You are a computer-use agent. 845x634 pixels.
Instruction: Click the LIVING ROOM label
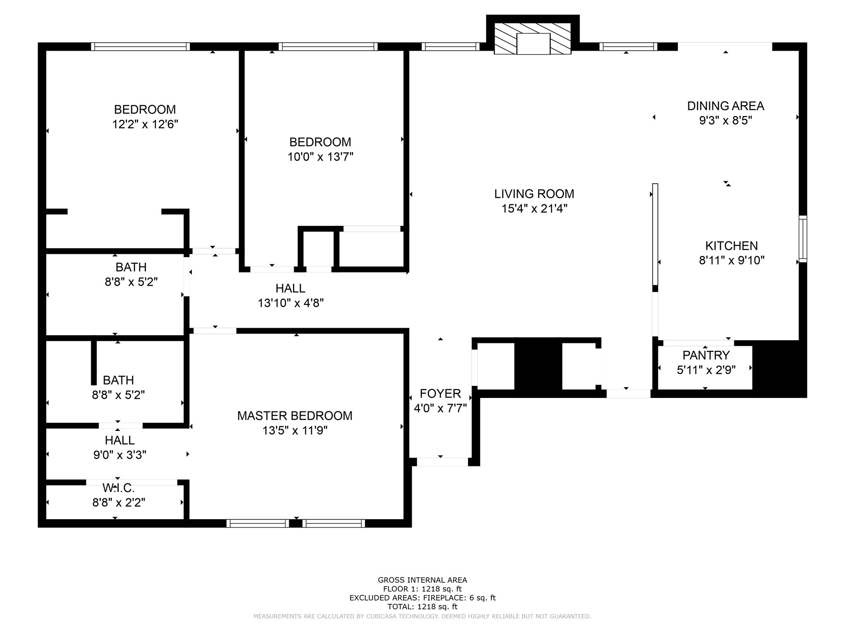534,194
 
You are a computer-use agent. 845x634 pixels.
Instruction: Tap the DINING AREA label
725,106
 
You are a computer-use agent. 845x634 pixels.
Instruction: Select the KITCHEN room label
732,246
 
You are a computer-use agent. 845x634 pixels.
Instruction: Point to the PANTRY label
706,355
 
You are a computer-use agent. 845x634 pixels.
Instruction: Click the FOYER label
440,393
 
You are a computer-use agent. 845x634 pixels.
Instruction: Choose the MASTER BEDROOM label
295,416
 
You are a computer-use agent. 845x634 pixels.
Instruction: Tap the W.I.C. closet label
119,488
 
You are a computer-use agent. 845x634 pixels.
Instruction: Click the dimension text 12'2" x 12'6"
145,124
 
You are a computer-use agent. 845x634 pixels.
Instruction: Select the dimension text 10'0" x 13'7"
321,157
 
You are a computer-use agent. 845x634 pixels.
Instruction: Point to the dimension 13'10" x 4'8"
291,303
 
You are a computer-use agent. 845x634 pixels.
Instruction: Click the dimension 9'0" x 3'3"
120,455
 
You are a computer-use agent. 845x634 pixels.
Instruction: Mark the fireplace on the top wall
533,38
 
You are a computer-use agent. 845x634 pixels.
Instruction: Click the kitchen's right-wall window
803,239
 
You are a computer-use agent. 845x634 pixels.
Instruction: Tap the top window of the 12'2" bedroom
140,47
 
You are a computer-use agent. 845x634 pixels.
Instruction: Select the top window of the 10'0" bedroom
328,47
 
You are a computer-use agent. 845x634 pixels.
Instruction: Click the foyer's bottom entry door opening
442,462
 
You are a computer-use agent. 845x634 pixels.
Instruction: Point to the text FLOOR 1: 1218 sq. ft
422,589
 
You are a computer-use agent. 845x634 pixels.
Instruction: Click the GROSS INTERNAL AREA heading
422,580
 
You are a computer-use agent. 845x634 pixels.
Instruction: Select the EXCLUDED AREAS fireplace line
422,598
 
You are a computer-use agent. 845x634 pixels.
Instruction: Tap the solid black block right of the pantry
779,369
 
